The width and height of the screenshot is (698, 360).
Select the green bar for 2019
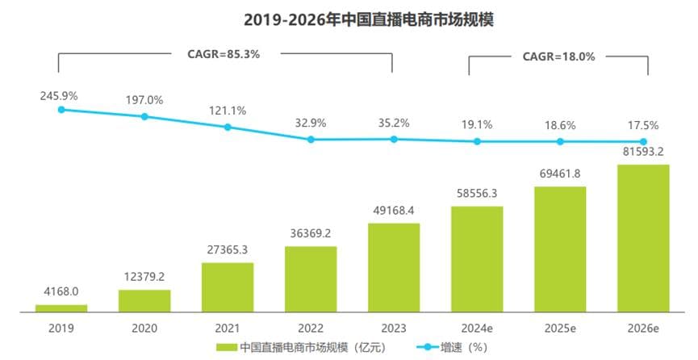[x=61, y=308]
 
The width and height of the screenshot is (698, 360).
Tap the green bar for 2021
[x=228, y=287]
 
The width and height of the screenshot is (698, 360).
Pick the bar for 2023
[x=394, y=267]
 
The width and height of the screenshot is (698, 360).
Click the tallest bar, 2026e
[x=643, y=238]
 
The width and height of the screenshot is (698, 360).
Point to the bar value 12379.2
[x=144, y=277]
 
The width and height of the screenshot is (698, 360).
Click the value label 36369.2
[x=311, y=232]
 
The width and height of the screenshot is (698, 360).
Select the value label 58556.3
[x=477, y=193]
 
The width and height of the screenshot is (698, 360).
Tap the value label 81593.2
[x=643, y=151]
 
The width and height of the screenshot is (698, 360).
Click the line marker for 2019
[x=61, y=109]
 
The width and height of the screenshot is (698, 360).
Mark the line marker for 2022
[x=311, y=140]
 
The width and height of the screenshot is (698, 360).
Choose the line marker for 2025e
[x=560, y=141]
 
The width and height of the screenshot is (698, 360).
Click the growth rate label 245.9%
[x=59, y=95]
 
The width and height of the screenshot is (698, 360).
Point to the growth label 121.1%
[x=228, y=111]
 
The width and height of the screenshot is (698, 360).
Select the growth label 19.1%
[x=477, y=125]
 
